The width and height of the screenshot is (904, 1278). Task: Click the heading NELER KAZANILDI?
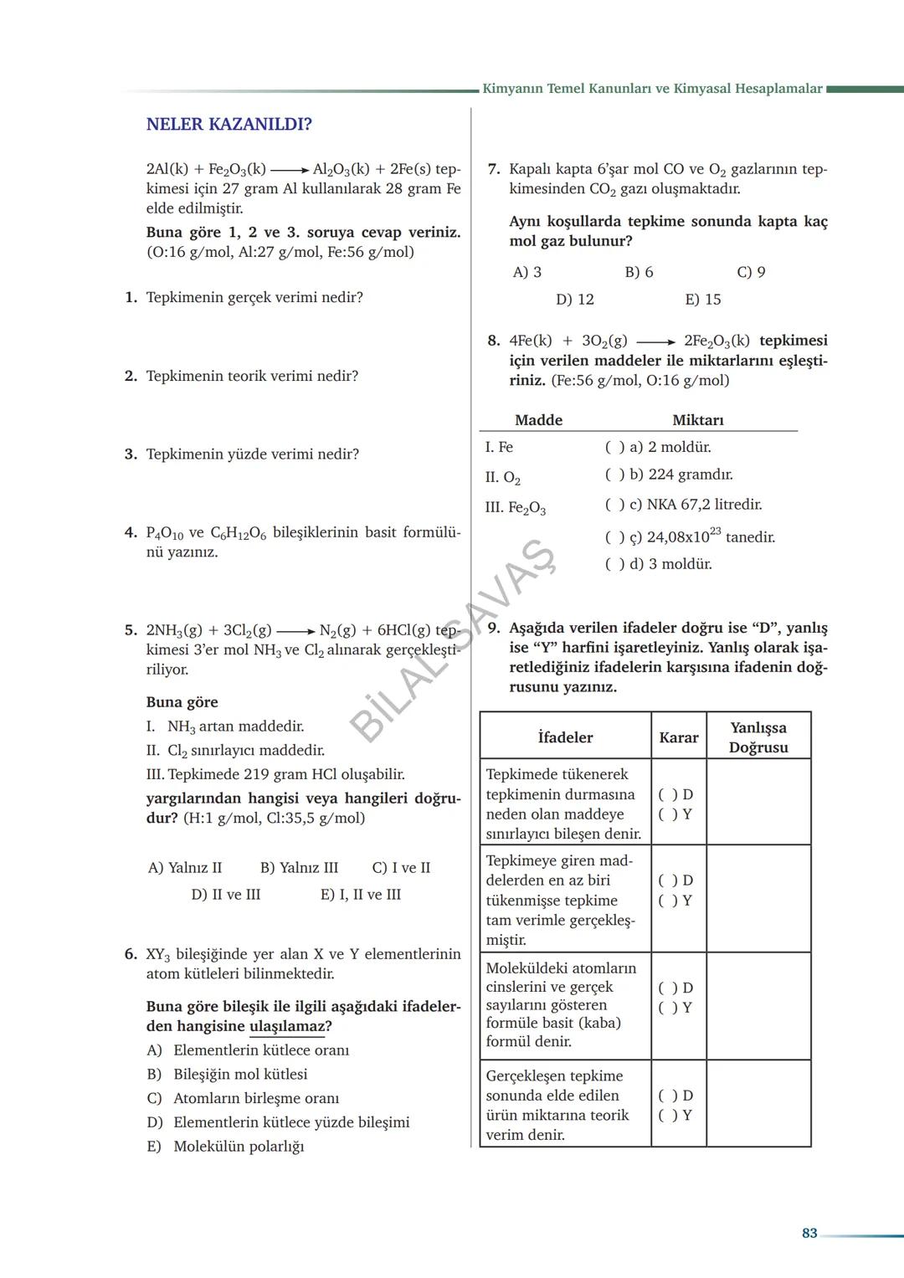[229, 125]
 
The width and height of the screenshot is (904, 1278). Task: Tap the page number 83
[809, 1233]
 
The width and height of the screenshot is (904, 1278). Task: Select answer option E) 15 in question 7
[702, 300]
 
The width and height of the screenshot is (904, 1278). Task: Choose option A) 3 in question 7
[526, 272]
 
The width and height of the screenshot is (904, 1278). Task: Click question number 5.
[131, 630]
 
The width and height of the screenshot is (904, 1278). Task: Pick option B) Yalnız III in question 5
[299, 868]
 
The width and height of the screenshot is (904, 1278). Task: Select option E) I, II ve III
[360, 895]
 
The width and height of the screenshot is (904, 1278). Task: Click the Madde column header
[538, 420]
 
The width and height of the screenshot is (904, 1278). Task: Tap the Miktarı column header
[697, 420]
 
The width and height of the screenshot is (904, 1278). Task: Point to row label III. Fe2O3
[515, 508]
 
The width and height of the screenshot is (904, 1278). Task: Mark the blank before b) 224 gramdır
[614, 475]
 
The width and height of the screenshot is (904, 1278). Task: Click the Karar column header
[678, 737]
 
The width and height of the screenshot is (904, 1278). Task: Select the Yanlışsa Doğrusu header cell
[758, 737]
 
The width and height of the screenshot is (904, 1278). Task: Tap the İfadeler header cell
[565, 737]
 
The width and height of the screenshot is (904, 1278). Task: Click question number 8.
[493, 341]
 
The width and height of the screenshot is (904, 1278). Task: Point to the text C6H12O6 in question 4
[238, 533]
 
